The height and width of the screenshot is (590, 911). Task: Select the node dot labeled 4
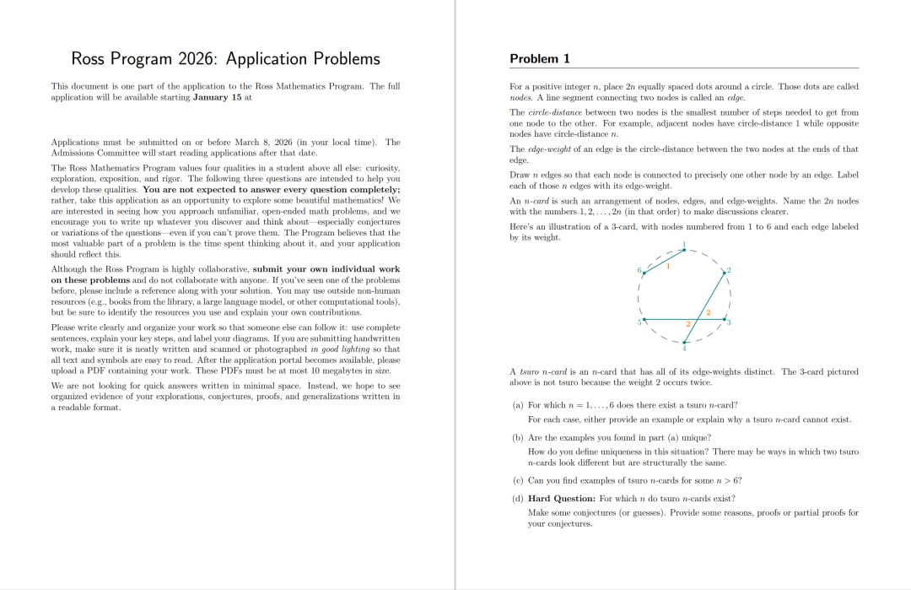click(684, 341)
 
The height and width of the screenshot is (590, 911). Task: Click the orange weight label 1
click(667, 267)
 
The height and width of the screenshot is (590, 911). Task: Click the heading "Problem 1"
click(540, 58)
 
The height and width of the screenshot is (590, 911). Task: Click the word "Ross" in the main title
click(88, 58)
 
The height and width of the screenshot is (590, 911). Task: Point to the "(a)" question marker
click(518, 405)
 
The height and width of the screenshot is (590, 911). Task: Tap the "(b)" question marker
click(518, 437)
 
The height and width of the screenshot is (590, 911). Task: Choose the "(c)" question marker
click(518, 480)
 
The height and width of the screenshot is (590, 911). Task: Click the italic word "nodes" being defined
click(521, 98)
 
